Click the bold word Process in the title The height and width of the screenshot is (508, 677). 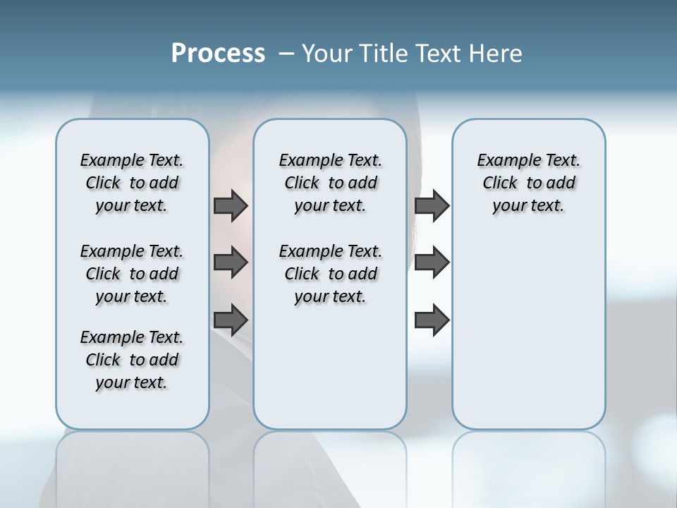(218, 54)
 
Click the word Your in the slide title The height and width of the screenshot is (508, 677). (327, 54)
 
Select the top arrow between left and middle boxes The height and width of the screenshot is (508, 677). (231, 205)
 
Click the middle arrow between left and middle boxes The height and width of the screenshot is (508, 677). (231, 263)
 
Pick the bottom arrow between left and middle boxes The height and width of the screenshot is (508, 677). (231, 320)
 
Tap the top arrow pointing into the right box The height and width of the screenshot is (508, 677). (432, 205)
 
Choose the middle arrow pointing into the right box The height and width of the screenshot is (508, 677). (432, 263)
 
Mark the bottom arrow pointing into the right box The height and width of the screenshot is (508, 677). (432, 320)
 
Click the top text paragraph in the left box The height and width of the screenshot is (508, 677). (132, 183)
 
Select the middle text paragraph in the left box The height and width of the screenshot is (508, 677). (132, 274)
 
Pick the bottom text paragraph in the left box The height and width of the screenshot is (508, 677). (132, 360)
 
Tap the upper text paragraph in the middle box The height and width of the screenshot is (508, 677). (330, 183)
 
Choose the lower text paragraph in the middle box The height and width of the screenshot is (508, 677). (330, 274)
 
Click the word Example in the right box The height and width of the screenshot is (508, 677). (504, 161)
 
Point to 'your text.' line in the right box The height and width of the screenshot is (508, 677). (528, 206)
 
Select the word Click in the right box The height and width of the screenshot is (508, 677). (500, 183)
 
